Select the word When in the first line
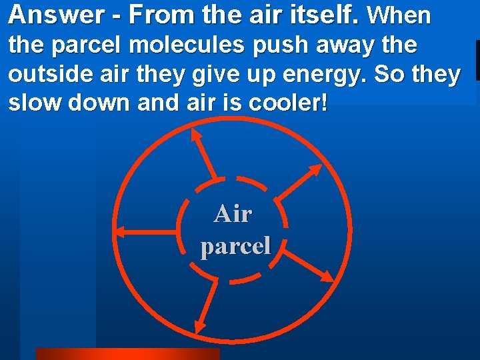coord(399,15)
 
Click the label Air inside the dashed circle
coord(233,214)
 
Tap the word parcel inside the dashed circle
coord(235,246)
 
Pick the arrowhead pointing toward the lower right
coord(327,276)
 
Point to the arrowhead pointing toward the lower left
coord(198,327)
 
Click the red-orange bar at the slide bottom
coord(127,354)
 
